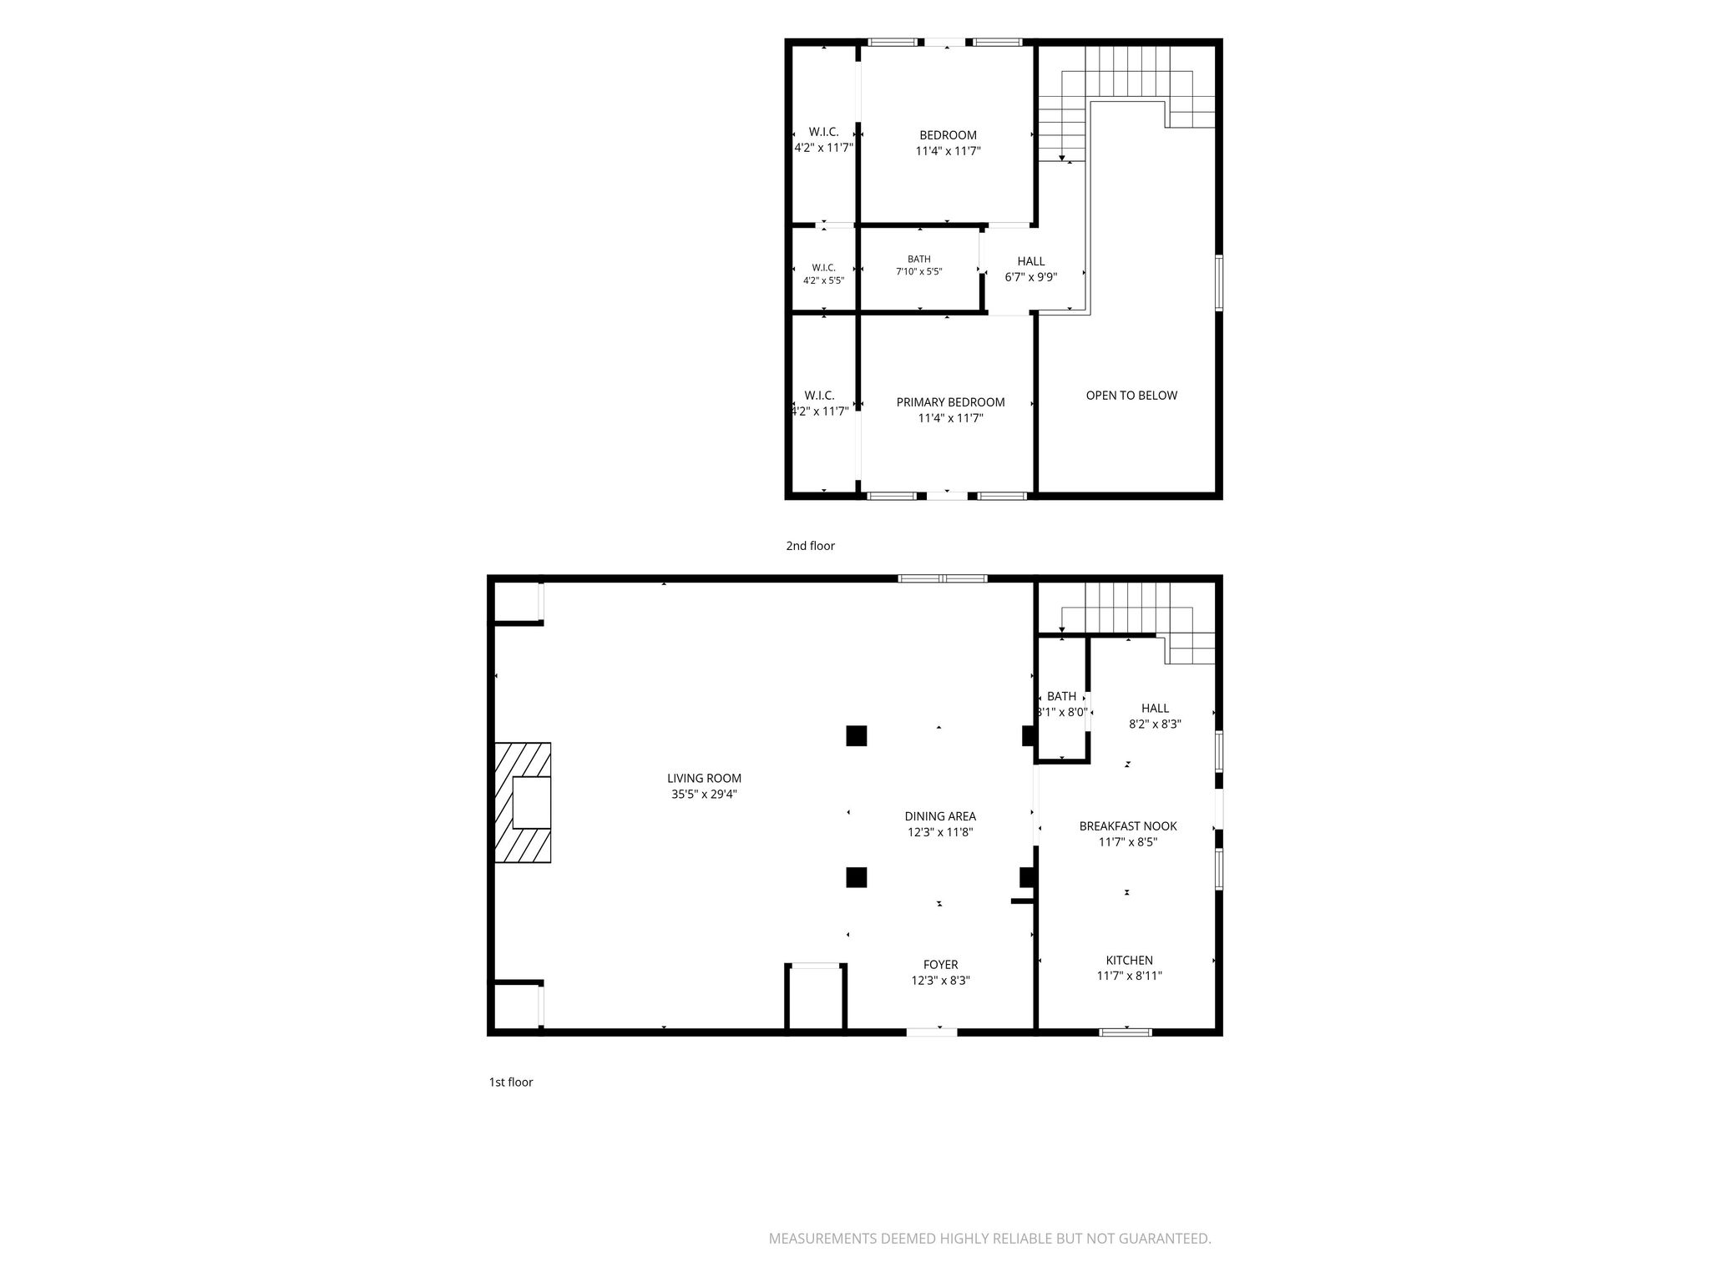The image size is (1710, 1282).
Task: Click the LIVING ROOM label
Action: [706, 779]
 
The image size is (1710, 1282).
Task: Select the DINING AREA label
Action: [940, 816]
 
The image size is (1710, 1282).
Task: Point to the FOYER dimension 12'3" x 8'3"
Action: [940, 981]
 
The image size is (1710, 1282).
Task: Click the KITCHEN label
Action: [1129, 961]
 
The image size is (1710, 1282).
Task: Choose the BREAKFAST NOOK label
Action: [1128, 826]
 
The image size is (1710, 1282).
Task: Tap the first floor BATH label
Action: [1061, 696]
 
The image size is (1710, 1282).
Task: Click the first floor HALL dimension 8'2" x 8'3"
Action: [1155, 724]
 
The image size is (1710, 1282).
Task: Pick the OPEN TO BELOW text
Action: [1131, 396]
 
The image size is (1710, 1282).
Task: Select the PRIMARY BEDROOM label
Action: [950, 402]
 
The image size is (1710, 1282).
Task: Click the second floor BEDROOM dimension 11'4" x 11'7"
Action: [948, 151]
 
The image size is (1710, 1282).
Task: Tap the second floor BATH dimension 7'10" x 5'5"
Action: [918, 271]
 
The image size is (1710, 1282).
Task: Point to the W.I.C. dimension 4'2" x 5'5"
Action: [823, 280]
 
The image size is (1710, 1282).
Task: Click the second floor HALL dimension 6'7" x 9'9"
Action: [1030, 277]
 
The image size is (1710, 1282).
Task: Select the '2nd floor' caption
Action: [810, 546]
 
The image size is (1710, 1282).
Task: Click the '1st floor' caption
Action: [510, 1083]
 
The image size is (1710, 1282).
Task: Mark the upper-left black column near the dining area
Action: [856, 735]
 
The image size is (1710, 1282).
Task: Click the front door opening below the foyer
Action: [932, 1032]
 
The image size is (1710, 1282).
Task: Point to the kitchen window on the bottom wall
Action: [1126, 1032]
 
